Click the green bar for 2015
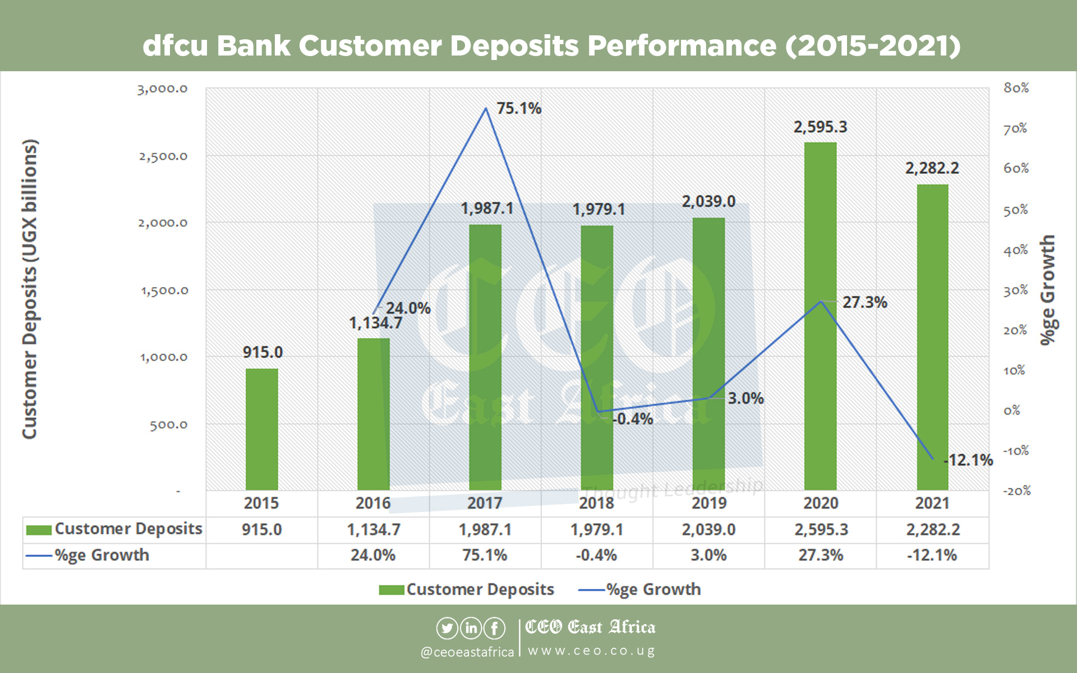click(261, 429)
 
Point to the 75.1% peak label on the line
click(519, 108)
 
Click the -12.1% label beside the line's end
click(969, 460)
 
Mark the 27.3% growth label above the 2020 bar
click(864, 302)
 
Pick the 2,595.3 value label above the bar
click(820, 127)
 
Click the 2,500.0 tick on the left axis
click(163, 156)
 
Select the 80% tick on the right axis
click(1016, 88)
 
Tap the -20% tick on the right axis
click(1016, 491)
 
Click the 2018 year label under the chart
click(596, 503)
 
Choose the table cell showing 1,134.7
click(374, 529)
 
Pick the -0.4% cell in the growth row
click(596, 555)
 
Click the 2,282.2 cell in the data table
click(932, 529)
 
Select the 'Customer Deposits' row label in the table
click(128, 529)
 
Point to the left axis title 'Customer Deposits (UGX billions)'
click(29, 289)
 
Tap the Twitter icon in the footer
click(447, 628)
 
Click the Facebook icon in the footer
click(494, 628)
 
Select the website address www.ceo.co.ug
click(591, 651)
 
